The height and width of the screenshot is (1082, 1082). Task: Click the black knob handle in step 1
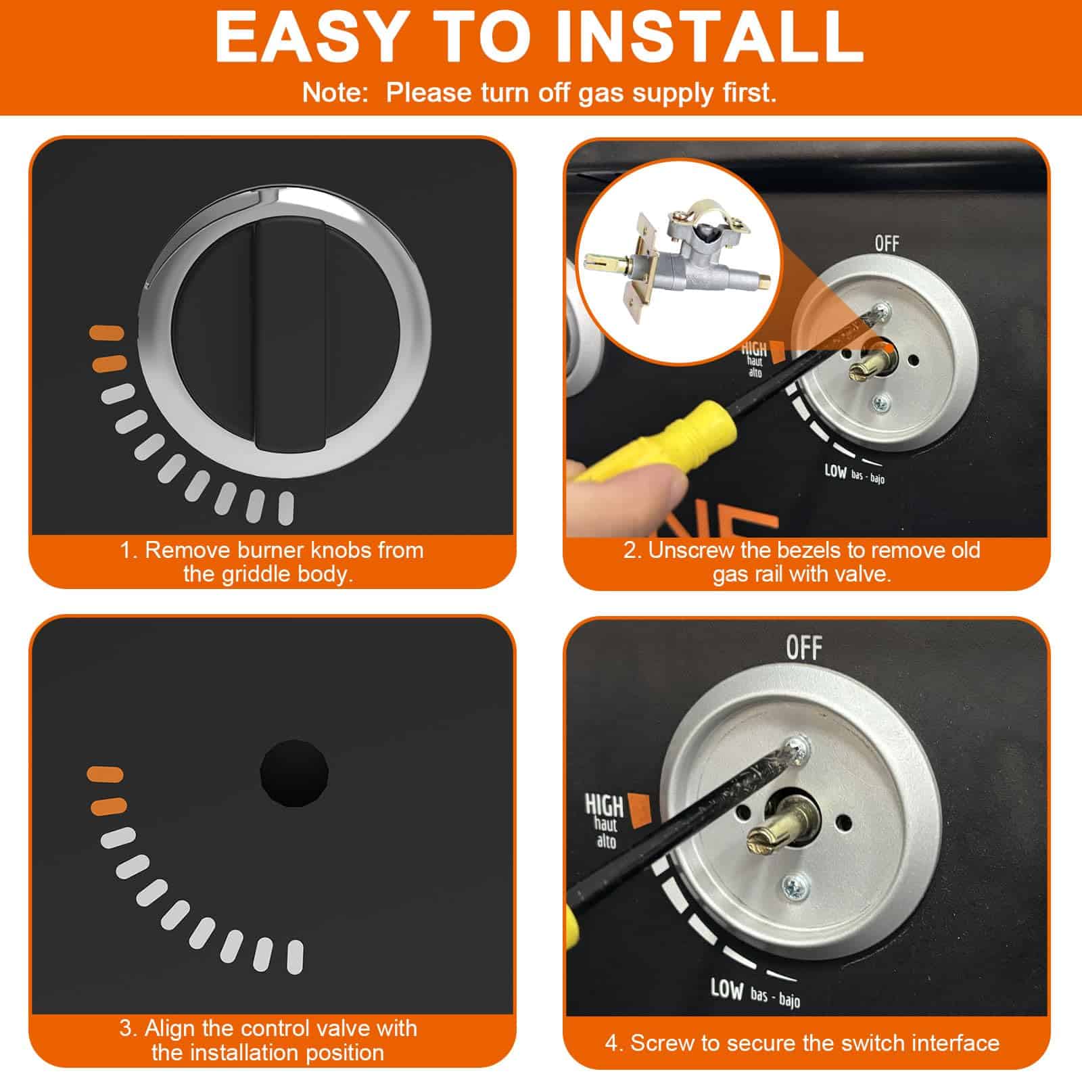(289, 336)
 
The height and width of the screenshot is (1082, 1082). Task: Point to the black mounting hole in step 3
(294, 774)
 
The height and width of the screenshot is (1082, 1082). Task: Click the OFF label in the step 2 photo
(887, 243)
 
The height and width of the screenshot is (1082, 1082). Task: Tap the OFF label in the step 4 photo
(804, 648)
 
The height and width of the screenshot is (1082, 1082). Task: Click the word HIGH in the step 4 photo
(603, 805)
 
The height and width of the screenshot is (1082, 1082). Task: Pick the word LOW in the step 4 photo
(726, 989)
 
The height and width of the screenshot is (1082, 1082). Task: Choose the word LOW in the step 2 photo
(836, 471)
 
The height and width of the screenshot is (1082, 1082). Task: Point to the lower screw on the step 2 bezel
(880, 404)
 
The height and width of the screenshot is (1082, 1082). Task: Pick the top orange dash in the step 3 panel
(105, 774)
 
